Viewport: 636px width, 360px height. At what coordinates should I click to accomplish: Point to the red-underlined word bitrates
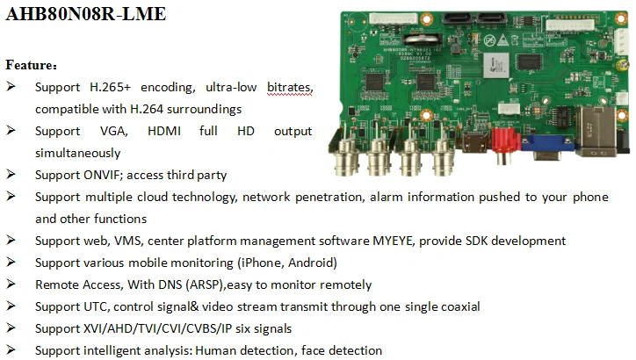289,88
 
